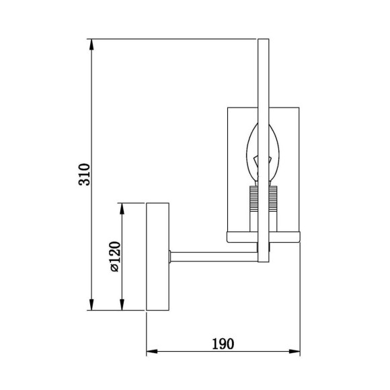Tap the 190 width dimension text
[x=223, y=344]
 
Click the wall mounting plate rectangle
[x=159, y=256]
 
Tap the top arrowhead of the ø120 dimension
[x=121, y=206]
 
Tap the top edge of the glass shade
[x=263, y=106]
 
